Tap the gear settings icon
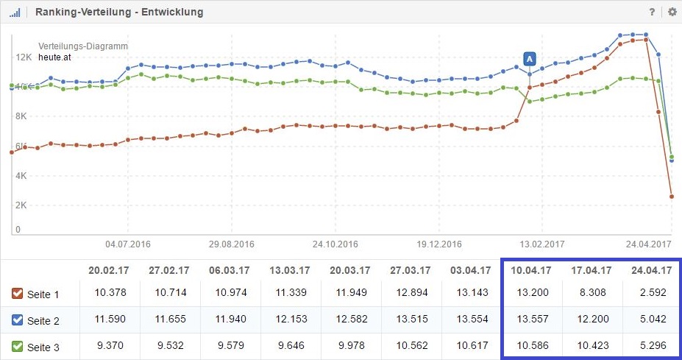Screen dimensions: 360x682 coord(672,13)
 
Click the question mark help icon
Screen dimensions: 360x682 coord(652,13)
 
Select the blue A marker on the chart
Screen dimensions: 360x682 coord(529,59)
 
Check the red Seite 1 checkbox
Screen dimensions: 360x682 coord(18,294)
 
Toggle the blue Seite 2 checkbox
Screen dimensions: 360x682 coord(18,320)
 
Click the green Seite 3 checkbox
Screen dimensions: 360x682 coord(18,346)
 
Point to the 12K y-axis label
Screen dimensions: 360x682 coord(24,57)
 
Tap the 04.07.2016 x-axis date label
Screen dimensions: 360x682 coord(128,244)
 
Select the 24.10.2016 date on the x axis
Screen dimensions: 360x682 coord(335,244)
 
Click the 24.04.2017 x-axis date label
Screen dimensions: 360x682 coord(649,244)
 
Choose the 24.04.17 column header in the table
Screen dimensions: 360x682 coord(651,269)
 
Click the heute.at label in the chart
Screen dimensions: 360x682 coord(54,56)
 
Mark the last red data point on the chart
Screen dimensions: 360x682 coord(672,197)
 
